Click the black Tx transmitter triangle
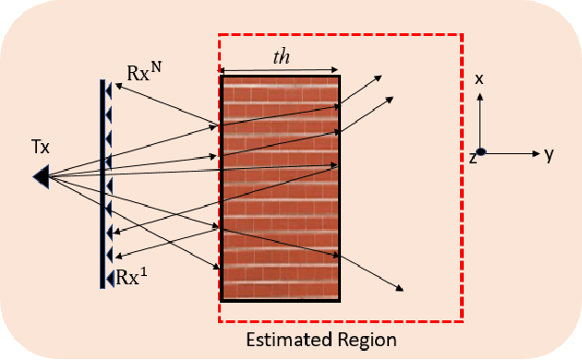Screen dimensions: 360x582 (40, 174)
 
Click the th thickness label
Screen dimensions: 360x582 (281, 55)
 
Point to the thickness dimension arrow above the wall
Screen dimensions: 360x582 (281, 69)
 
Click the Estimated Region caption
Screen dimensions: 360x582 (321, 341)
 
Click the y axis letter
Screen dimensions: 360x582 (549, 154)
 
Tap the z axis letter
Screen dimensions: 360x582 (471, 158)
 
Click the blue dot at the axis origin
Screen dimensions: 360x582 (480, 152)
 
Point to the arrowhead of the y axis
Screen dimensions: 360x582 (535, 152)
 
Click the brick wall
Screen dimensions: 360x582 (280, 187)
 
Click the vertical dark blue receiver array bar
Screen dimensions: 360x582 (102, 185)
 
